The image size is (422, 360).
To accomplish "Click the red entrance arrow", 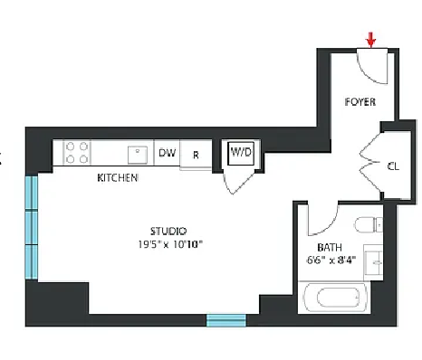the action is [x=371, y=41].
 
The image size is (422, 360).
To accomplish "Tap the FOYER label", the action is [x=360, y=102].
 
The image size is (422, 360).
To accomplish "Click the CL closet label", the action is [x=393, y=166].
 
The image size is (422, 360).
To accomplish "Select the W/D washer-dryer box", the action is [x=241, y=153].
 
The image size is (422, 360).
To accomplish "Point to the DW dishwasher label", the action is [x=168, y=153].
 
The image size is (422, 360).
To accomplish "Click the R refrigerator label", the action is [x=196, y=155].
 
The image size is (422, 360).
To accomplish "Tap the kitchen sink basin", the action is [x=138, y=155].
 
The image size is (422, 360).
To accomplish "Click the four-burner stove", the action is [x=77, y=153].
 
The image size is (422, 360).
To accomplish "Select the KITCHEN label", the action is [x=118, y=178].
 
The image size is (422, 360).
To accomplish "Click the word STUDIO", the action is [x=168, y=232].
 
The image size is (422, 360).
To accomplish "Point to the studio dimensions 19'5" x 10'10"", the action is [x=170, y=244].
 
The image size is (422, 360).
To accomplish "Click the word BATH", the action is [x=330, y=248].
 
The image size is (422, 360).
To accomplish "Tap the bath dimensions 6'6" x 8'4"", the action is [x=331, y=260].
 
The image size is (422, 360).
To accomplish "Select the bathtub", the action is [x=335, y=298].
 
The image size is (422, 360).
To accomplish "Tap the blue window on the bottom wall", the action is [x=226, y=320].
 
